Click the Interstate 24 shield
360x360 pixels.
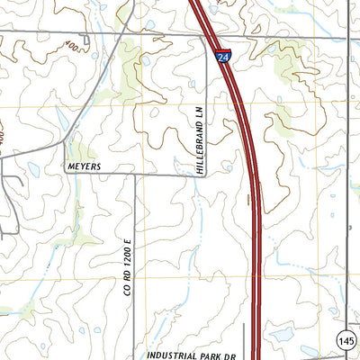click(221, 57)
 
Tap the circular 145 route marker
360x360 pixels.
click(346, 339)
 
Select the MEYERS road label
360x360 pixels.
click(85, 166)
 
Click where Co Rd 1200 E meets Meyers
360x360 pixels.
click(136, 175)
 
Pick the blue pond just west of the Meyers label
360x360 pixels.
click(34, 168)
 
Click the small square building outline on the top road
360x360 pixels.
click(85, 39)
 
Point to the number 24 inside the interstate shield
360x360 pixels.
click(221, 58)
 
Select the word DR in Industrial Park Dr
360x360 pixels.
click(229, 355)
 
